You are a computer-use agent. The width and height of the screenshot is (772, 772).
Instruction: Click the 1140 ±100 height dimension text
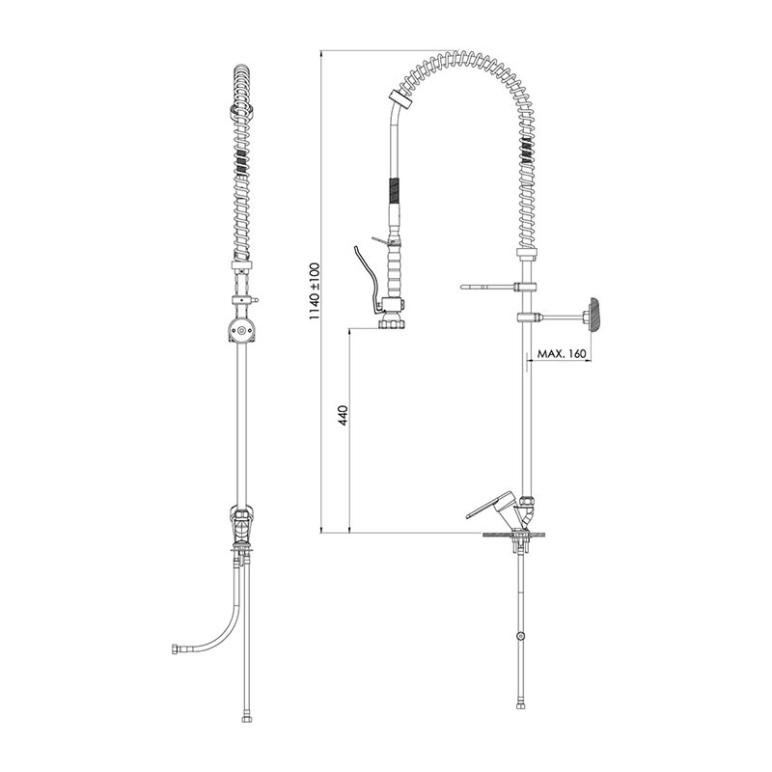tap(315, 291)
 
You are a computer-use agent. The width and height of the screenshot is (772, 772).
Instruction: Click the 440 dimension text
tap(344, 416)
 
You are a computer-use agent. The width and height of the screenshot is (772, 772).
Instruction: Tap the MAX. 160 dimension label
tap(562, 353)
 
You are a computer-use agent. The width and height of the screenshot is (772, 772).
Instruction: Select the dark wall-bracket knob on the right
tap(593, 315)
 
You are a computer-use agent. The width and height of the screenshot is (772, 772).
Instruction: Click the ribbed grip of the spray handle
tap(395, 272)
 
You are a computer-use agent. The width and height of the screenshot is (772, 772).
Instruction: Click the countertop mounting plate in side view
tap(513, 534)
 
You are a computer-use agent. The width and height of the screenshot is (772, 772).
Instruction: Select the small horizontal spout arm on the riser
tap(487, 287)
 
